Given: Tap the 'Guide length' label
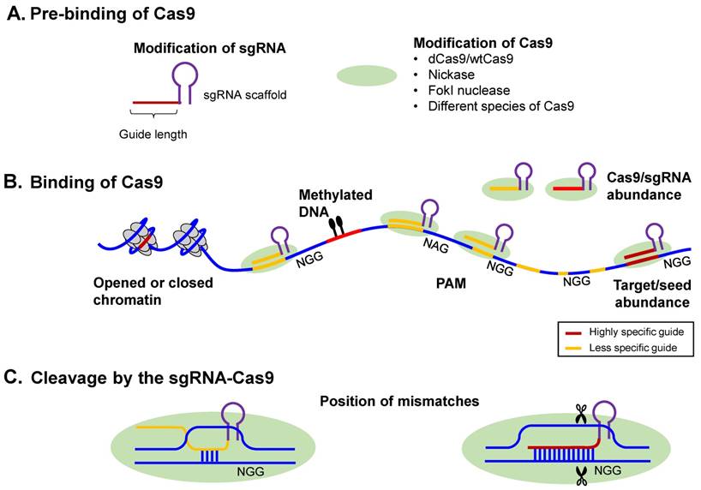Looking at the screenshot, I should click(x=155, y=134).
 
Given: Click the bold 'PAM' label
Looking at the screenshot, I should click(x=446, y=280).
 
